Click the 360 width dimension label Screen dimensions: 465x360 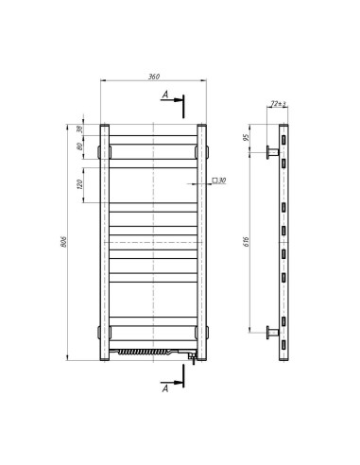152,77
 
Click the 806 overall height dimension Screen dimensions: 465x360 63,241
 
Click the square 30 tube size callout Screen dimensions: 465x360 217,180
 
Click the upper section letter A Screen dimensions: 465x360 165,95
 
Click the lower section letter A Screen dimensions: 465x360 165,387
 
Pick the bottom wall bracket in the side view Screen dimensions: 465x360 273,332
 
